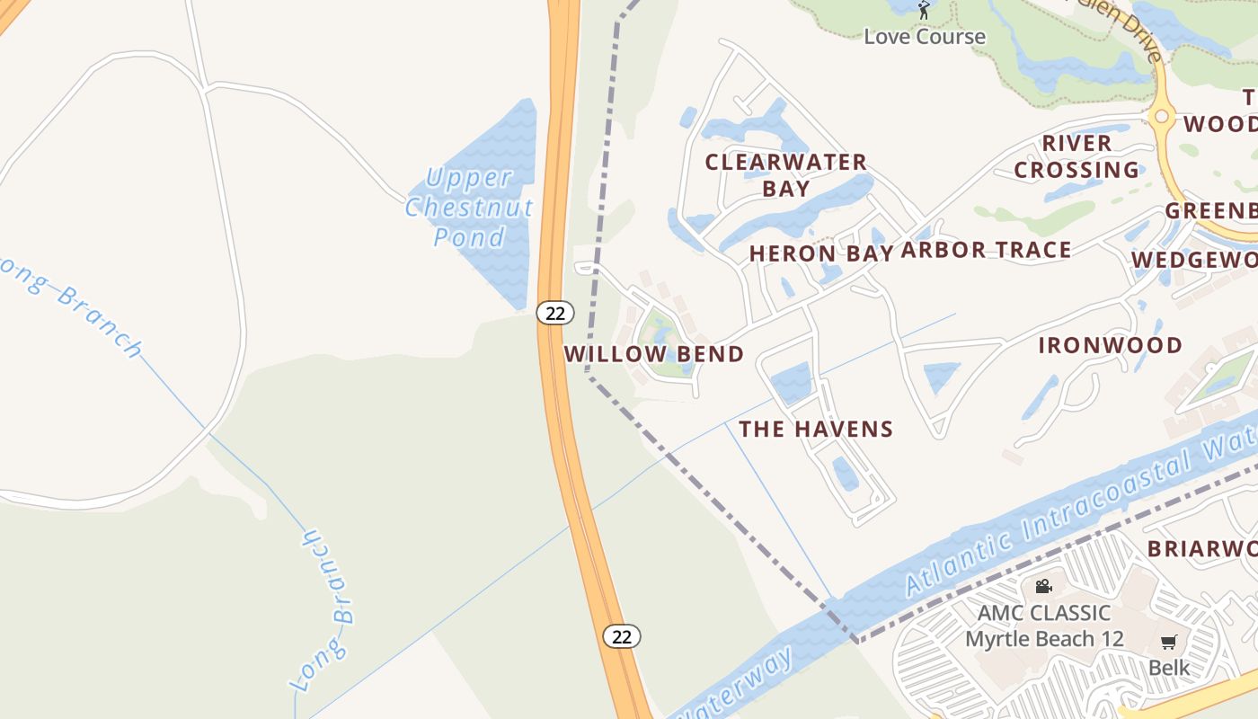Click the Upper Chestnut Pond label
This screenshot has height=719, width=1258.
click(469, 208)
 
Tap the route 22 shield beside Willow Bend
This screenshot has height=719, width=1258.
click(555, 313)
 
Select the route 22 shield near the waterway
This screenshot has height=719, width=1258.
click(621, 636)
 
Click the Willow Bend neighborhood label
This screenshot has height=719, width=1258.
click(654, 354)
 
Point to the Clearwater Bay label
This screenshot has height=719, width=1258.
click(786, 175)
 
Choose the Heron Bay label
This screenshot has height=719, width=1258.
click(821, 254)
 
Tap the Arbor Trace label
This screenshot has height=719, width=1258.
click(986, 250)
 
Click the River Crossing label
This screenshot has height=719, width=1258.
click(1076, 156)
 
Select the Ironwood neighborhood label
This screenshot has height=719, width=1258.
click(1111, 345)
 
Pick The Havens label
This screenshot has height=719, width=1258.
click(816, 430)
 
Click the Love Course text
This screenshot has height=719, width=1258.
click(925, 37)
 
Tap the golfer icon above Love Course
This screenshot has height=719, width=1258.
click(924, 10)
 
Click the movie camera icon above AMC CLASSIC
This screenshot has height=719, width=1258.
click(1043, 587)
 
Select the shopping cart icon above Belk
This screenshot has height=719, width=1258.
click(1168, 642)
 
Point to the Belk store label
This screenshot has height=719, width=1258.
click(1169, 668)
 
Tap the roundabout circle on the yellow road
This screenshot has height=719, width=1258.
click(1161, 116)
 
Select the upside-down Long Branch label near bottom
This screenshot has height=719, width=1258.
click(324, 611)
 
